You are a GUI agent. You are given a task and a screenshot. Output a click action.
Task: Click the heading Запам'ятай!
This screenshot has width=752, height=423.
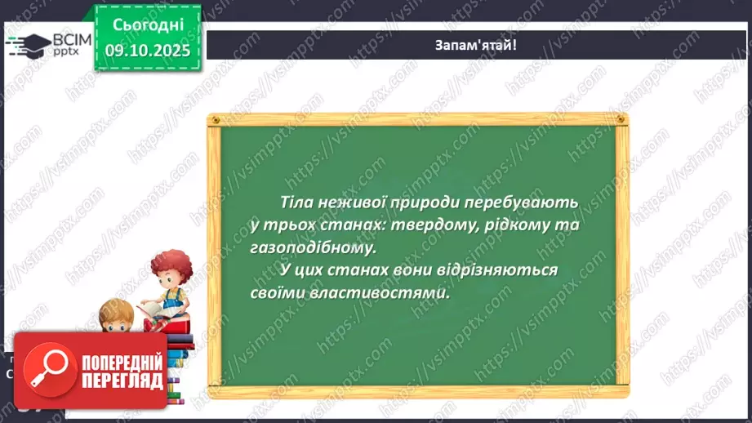pos(475,45)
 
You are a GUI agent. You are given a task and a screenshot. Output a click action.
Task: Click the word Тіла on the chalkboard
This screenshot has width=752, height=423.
pos(296,202)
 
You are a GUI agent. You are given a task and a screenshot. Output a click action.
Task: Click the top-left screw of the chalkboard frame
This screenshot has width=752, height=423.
pos(216,120)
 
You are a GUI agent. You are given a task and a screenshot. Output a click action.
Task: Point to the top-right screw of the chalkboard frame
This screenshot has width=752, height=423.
pos(618,120)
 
